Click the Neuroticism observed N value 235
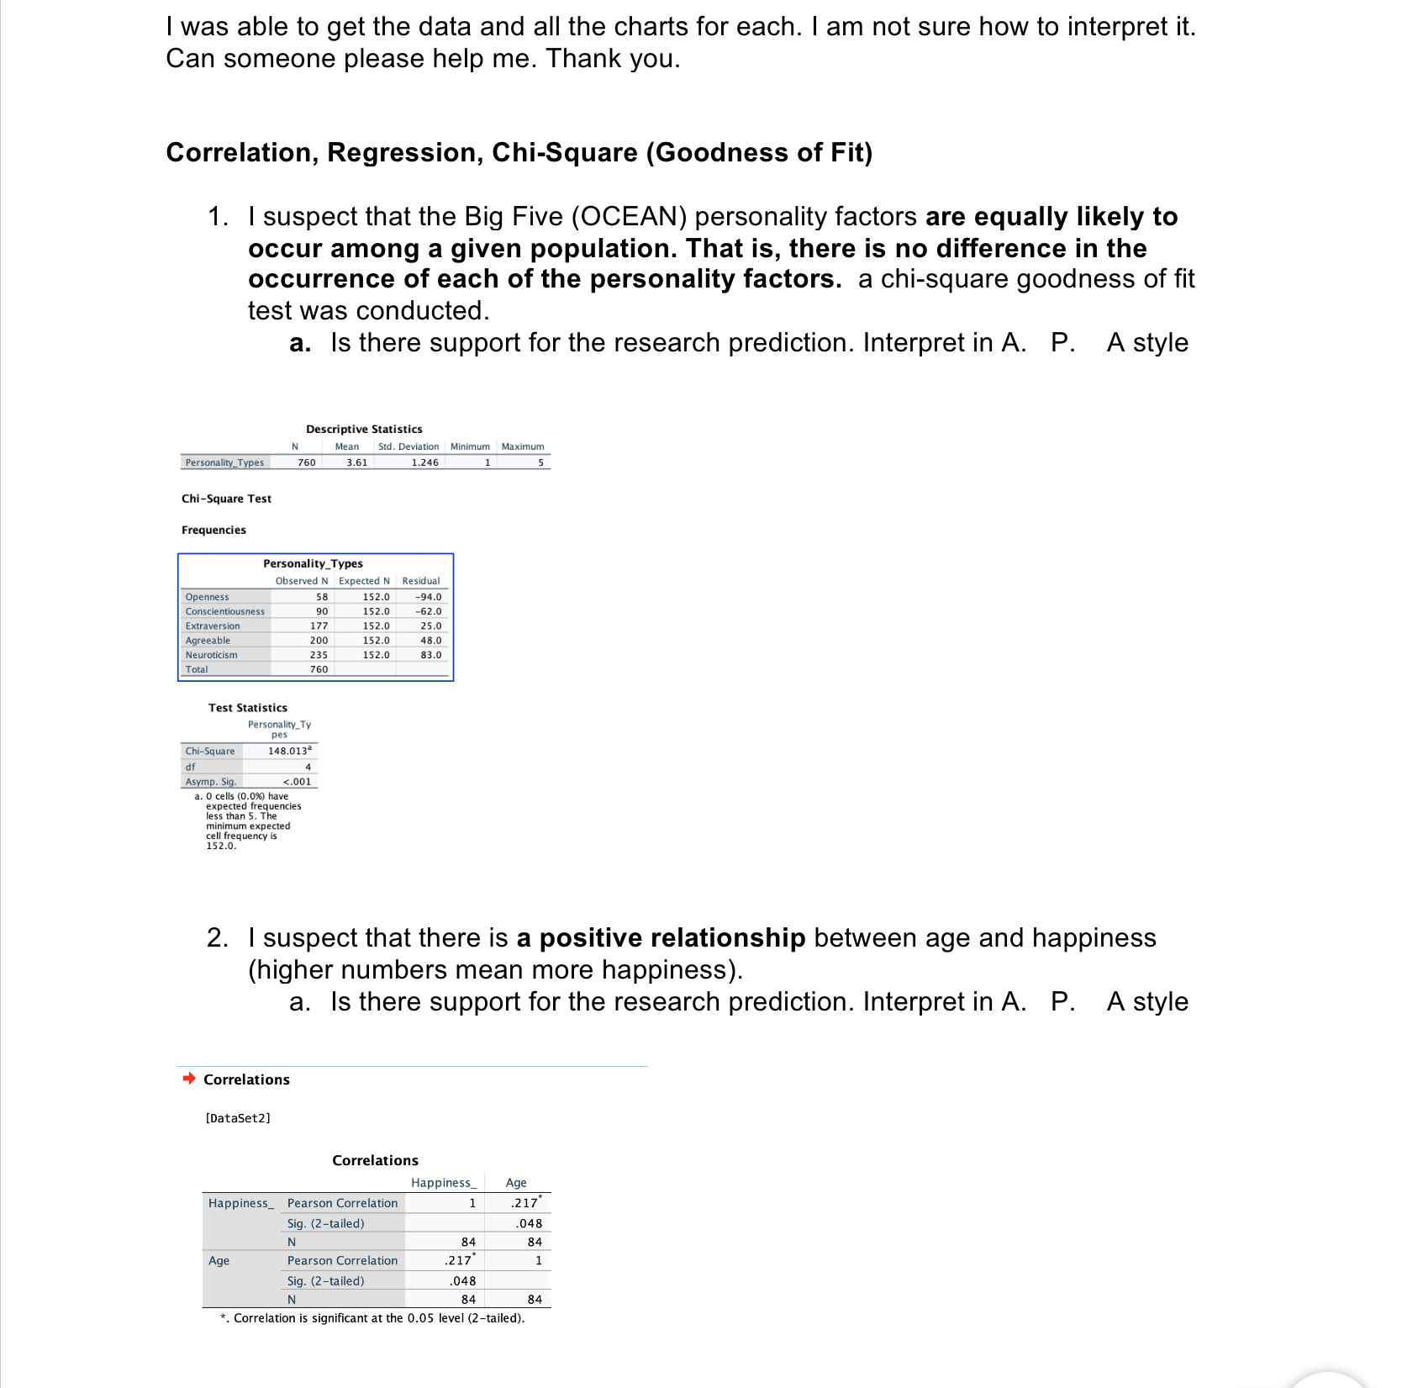[x=319, y=655]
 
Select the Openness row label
[x=207, y=597]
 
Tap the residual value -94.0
[x=428, y=597]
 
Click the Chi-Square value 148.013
[x=288, y=751]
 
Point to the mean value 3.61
[x=356, y=462]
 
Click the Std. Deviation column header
[x=408, y=446]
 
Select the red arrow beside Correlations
[x=189, y=1079]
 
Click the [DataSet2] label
[x=238, y=1118]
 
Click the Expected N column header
[x=364, y=581]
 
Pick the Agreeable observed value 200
[x=319, y=641]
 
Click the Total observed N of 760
[x=319, y=669]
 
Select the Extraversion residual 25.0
[x=430, y=626]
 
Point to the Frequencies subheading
[x=213, y=530]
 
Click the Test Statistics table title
[x=247, y=708]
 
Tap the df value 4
[x=308, y=767]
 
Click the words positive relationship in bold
[x=672, y=937]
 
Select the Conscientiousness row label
[x=224, y=611]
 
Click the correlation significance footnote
[x=372, y=1318]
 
